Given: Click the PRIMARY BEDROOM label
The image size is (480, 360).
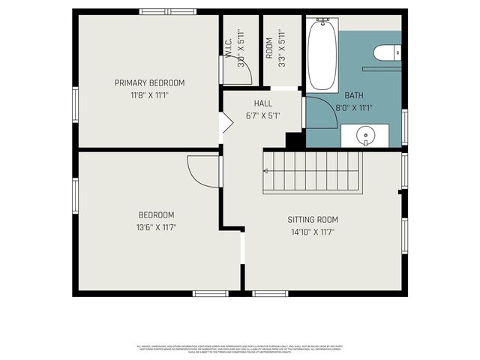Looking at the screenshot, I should point(149,82).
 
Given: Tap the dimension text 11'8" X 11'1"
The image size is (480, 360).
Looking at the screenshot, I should point(149,95).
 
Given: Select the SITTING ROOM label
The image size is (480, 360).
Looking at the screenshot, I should point(313,220).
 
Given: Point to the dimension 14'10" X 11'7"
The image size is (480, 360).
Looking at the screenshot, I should point(313,232).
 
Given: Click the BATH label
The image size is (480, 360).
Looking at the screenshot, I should point(353,95).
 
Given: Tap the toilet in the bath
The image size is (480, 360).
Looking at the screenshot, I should point(384,52).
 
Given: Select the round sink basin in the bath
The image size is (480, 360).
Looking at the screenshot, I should point(365,136).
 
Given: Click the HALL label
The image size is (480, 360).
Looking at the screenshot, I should point(262,103).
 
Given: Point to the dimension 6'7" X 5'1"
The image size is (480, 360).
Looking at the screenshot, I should point(262,115).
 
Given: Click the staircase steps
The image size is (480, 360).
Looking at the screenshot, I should point(315,171).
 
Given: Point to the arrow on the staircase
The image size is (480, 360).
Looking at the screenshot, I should point(265,171).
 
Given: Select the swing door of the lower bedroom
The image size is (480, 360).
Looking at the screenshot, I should point(202,171).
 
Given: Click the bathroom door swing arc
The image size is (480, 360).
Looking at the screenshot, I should point(319,109).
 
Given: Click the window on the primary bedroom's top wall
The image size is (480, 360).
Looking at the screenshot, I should point(168,11).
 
